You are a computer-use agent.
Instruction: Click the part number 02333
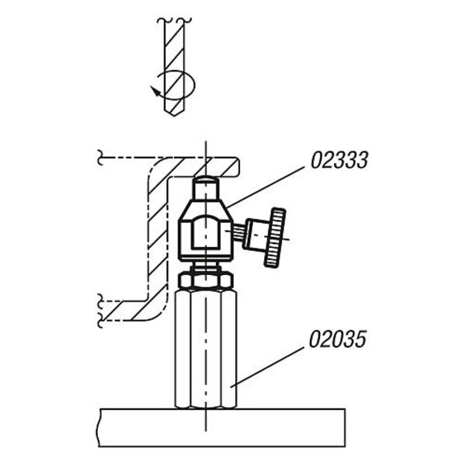[x=339, y=160]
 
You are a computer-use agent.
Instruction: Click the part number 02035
[x=337, y=339]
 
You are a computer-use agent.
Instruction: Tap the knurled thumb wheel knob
[x=275, y=237]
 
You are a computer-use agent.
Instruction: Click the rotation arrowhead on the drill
[x=155, y=91]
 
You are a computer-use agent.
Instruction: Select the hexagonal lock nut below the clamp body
[x=205, y=280]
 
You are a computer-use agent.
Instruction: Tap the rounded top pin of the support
[x=205, y=189]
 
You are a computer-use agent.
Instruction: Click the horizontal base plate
[x=221, y=428]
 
